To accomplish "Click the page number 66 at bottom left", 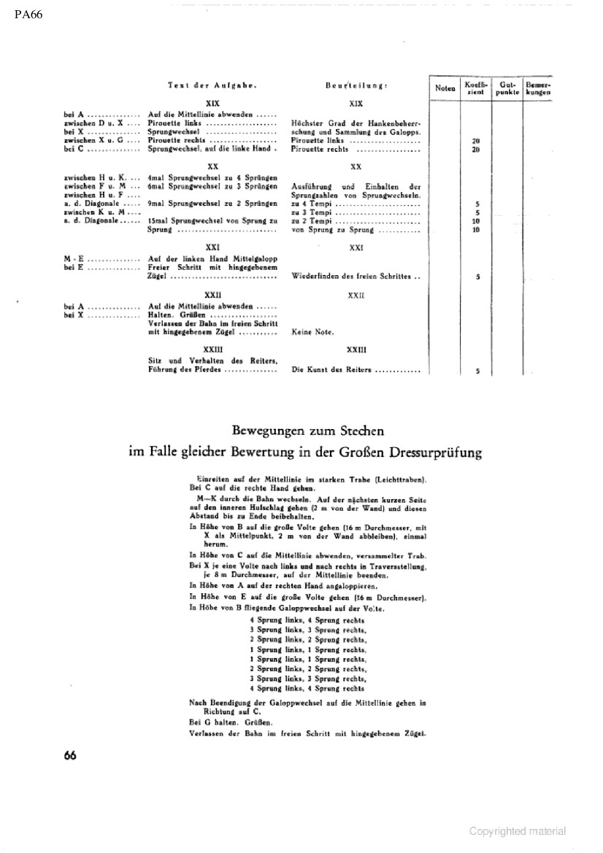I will pos(70,755).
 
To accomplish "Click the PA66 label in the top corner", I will pos(28,15).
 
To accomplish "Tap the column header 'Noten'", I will pos(445,88).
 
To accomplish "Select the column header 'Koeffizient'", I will pos(477,89).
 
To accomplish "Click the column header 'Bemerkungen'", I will pos(538,89).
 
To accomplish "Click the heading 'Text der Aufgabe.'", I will pos(211,86).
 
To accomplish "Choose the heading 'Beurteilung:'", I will pos(356,86).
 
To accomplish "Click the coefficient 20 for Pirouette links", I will pos(476,141).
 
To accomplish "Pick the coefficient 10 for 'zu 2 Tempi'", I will pos(476,221).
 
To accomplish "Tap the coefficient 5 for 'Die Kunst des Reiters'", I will pos(477,371).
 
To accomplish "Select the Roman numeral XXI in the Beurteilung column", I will pos(356,248).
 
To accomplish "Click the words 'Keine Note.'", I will pos(312,332).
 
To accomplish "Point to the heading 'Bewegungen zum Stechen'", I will pos(306,432).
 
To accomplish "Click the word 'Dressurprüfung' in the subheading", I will pos(436,452).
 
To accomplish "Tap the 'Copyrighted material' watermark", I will pos(517,831).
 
